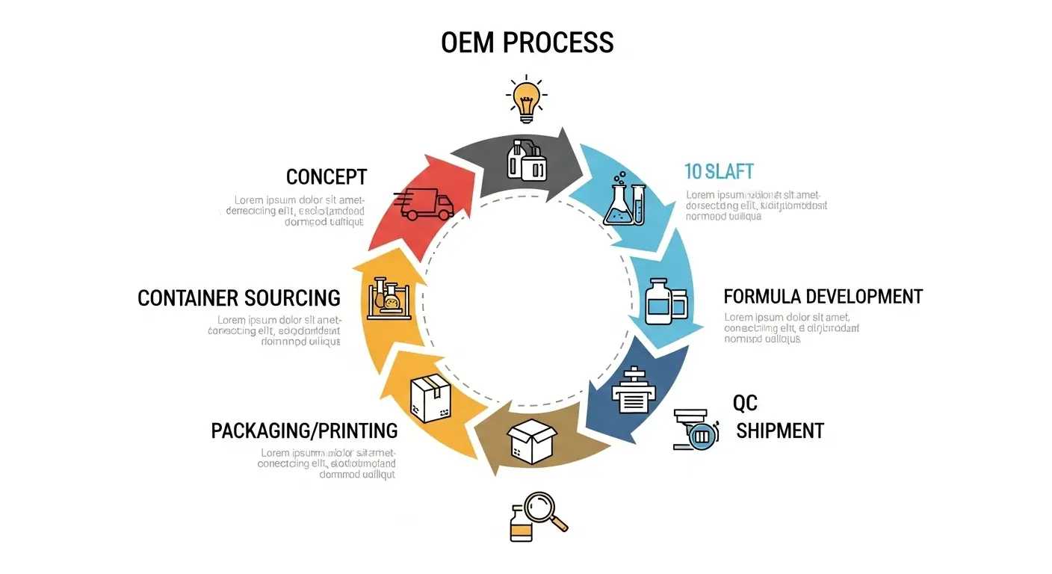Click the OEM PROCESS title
(x=527, y=42)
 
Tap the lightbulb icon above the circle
(x=526, y=99)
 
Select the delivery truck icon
(x=424, y=204)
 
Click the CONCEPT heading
(x=327, y=177)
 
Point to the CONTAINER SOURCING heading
(x=239, y=298)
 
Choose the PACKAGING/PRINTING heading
(x=304, y=430)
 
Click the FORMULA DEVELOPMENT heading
(x=823, y=296)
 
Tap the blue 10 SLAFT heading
(x=720, y=171)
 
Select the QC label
(x=745, y=404)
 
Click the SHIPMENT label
(x=779, y=430)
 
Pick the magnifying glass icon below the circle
(x=545, y=512)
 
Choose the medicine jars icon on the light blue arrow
(x=666, y=301)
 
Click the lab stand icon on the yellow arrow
(x=389, y=297)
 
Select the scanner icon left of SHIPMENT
(x=696, y=430)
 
